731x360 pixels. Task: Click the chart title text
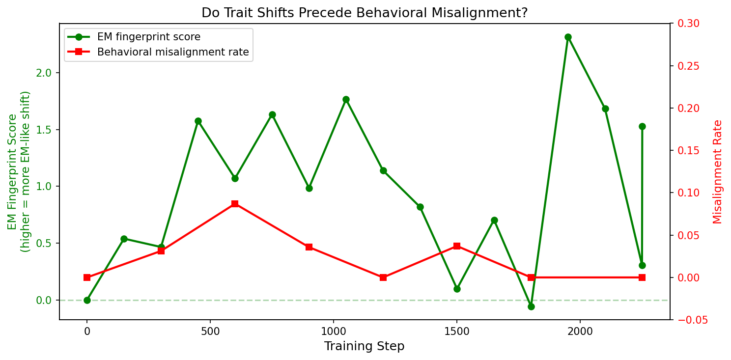[365, 13]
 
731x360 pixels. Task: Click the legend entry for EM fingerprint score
[148, 37]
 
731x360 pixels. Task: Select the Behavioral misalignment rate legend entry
[172, 52]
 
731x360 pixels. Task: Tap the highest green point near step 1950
[568, 37]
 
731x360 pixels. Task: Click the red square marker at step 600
[235, 203]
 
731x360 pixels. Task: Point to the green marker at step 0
[87, 300]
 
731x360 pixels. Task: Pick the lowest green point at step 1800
[531, 306]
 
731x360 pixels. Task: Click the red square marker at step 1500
[457, 246]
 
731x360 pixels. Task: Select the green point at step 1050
[346, 99]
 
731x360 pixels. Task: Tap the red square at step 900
[309, 247]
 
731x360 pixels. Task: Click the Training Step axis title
[364, 346]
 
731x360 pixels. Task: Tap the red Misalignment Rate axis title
[718, 171]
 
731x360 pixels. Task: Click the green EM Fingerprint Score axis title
[19, 171]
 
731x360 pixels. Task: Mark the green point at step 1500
[457, 289]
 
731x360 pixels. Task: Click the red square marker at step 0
[87, 277]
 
